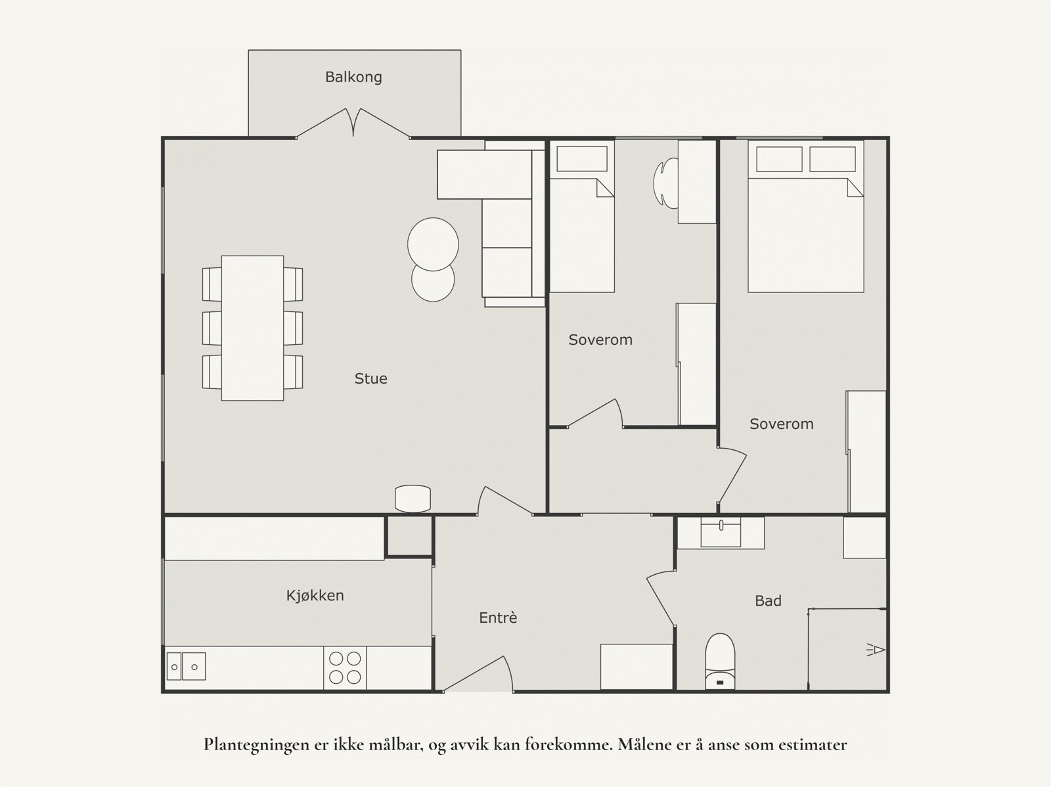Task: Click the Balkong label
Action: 353,77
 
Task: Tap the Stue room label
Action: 370,378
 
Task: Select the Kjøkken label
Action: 315,596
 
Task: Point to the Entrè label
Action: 498,618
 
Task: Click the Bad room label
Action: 768,601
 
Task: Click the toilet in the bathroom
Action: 720,662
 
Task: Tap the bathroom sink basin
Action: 721,531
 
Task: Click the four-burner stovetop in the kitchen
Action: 345,668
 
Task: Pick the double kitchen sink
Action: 186,666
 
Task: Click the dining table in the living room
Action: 252,328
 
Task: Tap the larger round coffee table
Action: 433,244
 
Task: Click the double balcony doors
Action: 353,123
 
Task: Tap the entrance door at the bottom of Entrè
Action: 478,674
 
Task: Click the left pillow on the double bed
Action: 779,159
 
